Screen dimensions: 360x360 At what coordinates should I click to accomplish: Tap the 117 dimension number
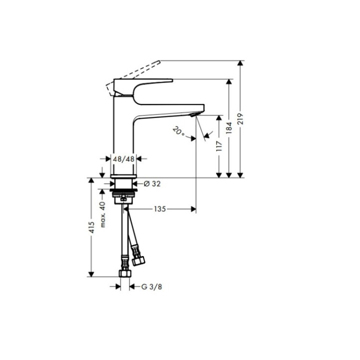tap(219, 146)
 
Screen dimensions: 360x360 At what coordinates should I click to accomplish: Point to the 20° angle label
tap(178, 132)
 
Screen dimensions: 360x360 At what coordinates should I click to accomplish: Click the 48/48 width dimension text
tap(124, 158)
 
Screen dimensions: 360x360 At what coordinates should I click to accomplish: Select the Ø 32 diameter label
tap(152, 184)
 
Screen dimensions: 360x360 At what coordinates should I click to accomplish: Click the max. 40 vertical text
tap(103, 214)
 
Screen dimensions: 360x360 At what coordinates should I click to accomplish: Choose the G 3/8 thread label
tap(150, 286)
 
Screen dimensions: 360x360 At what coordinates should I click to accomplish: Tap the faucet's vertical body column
tap(124, 135)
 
